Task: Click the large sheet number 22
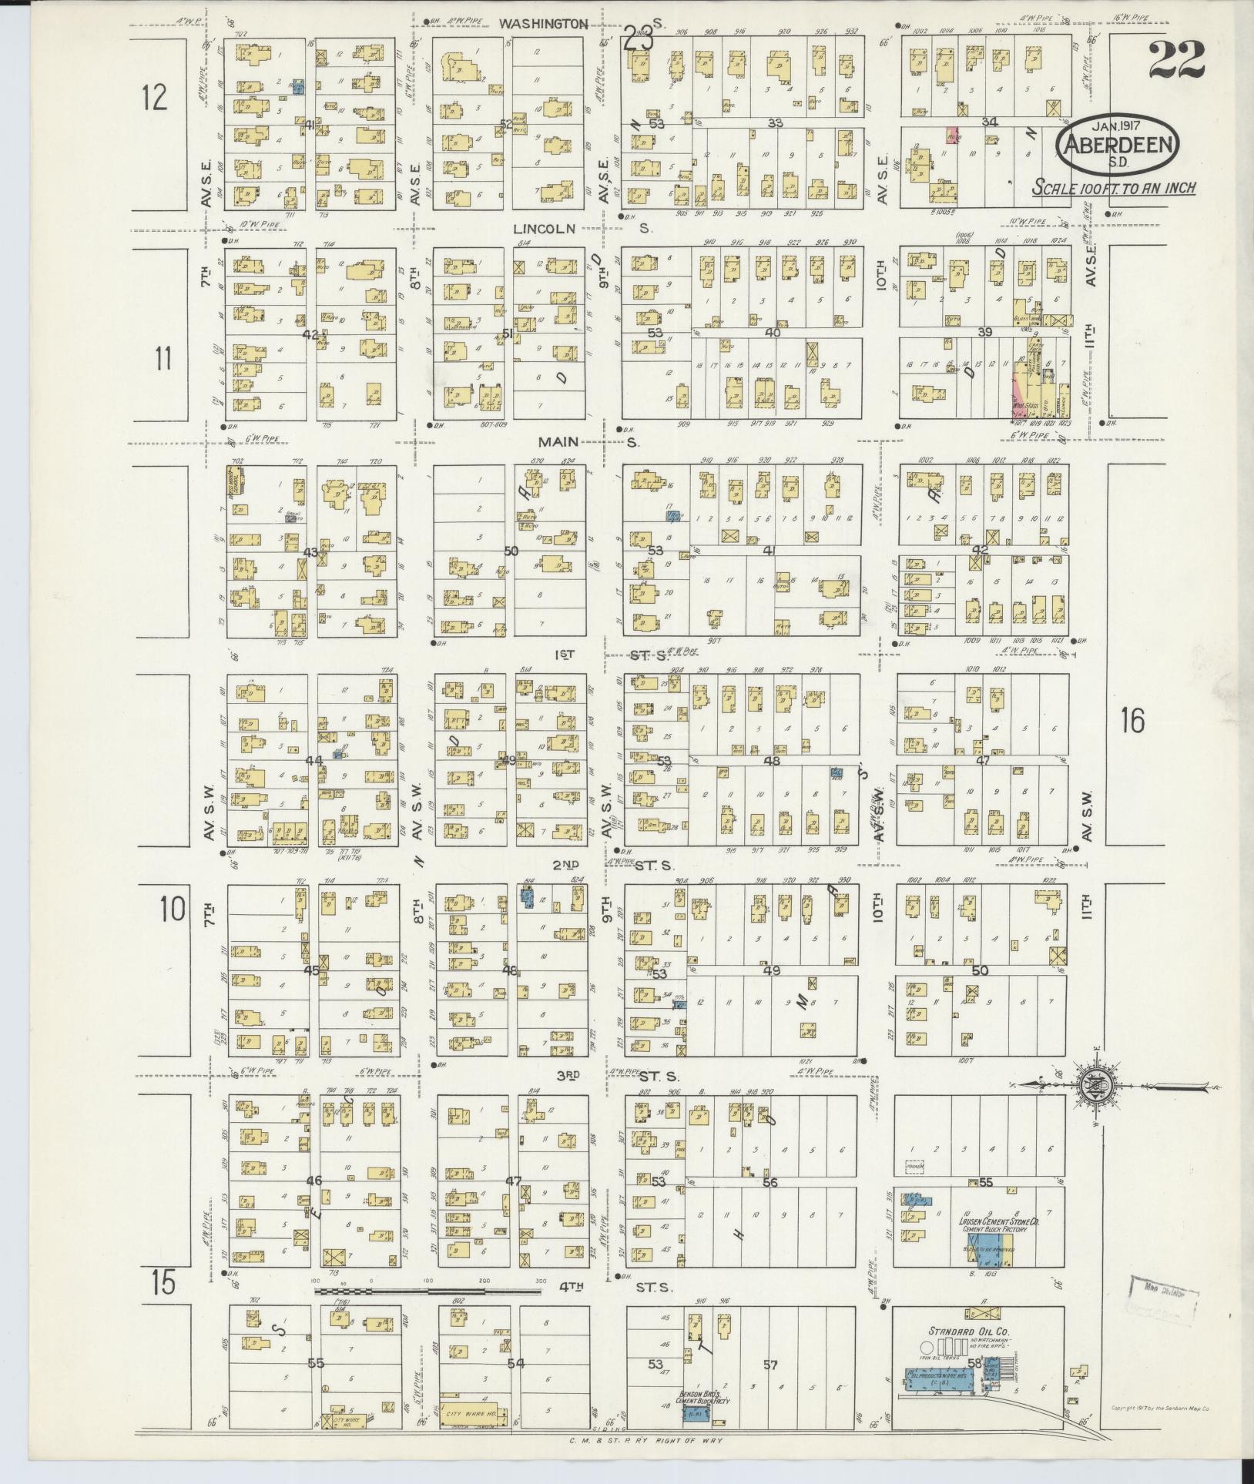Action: (x=1176, y=60)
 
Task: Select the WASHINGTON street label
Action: (x=543, y=24)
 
